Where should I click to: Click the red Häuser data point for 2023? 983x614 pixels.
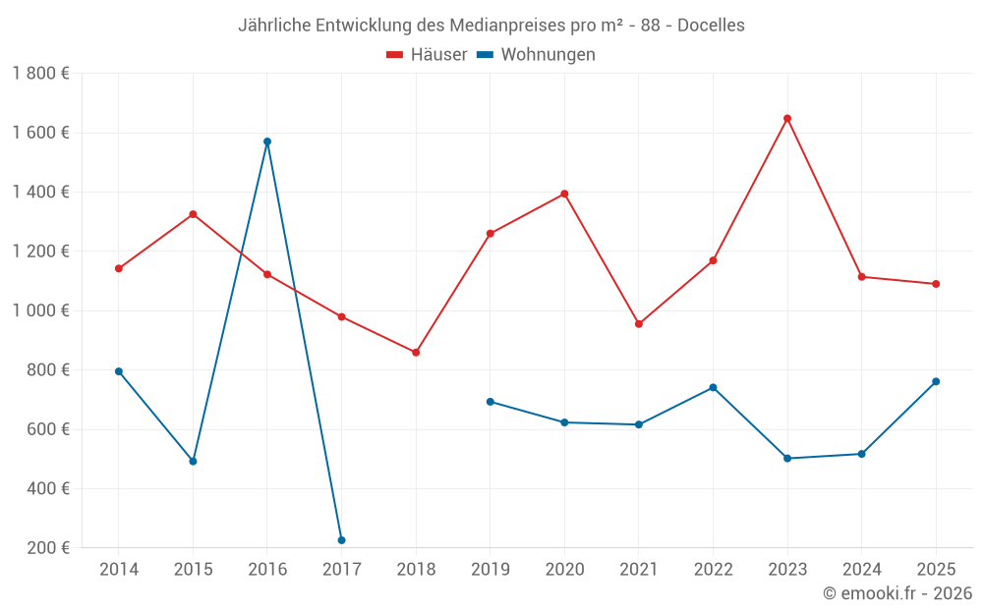[x=787, y=119]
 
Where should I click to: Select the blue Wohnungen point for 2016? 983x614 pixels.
[x=267, y=141]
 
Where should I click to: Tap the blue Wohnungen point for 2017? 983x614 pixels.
[x=341, y=540]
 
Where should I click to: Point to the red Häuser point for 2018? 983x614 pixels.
[x=416, y=352]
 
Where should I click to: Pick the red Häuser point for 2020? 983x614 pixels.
[x=564, y=194]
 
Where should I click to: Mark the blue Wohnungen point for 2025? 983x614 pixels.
[x=936, y=381]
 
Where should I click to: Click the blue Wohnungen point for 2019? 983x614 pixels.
[x=490, y=402]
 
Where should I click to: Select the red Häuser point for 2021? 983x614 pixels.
[x=639, y=323]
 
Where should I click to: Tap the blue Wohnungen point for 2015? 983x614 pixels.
[x=193, y=461]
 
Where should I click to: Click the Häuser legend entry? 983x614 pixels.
[x=427, y=55]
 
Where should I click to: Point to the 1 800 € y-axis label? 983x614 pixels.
[x=40, y=74]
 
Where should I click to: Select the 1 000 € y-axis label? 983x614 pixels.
[x=40, y=310]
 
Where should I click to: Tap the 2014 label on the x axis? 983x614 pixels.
[x=119, y=570]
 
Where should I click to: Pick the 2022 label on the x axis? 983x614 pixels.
[x=713, y=570]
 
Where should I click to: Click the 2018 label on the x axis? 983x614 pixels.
[x=416, y=570]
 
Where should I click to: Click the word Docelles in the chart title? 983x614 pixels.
[x=711, y=26]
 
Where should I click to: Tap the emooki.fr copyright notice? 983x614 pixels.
[x=896, y=593]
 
